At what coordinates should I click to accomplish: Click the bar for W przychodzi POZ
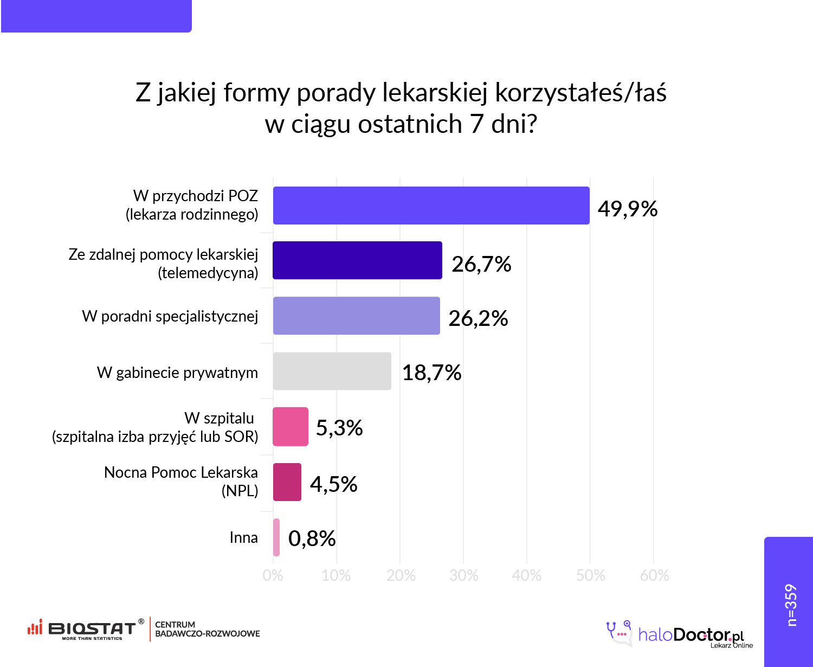431,206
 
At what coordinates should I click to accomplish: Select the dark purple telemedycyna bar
357,260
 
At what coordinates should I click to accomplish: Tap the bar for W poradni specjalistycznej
356,316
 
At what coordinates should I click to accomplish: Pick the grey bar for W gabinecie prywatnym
332,371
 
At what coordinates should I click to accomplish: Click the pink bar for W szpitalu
291,427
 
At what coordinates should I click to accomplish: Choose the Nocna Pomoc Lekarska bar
287,482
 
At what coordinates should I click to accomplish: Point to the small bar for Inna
276,537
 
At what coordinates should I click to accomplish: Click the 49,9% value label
628,209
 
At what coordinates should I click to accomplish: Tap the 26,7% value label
481,264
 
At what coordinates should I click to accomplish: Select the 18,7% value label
431,373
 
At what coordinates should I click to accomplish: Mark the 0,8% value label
312,538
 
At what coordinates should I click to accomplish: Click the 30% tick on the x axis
463,575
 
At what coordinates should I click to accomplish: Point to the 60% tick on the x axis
654,575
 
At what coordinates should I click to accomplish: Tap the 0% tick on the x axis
273,575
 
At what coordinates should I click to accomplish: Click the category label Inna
243,537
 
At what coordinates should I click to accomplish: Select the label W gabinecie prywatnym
177,373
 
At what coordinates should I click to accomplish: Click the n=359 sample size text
791,605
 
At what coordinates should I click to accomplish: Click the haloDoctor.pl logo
680,634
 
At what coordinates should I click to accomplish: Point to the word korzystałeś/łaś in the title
580,93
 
